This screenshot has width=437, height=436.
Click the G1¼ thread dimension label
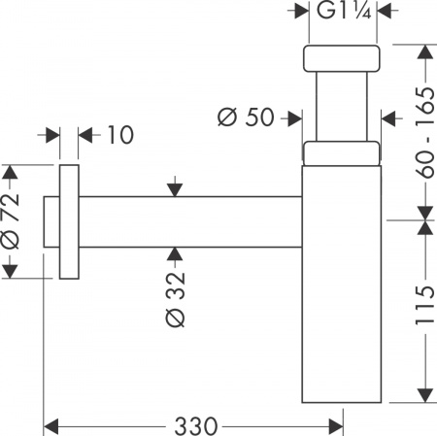340,13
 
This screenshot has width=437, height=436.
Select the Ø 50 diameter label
246,117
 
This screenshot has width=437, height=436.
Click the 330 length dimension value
196,424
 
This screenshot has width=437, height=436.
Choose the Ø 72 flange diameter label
12,225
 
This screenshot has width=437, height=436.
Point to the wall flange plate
69,222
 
